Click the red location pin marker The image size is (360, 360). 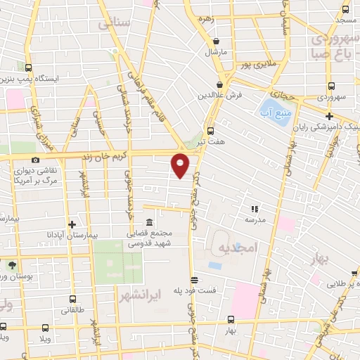point(181,166)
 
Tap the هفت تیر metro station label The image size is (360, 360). point(211,141)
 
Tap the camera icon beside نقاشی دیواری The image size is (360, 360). point(35,160)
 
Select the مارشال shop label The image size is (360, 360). point(213,53)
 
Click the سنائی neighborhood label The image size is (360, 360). point(115,24)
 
